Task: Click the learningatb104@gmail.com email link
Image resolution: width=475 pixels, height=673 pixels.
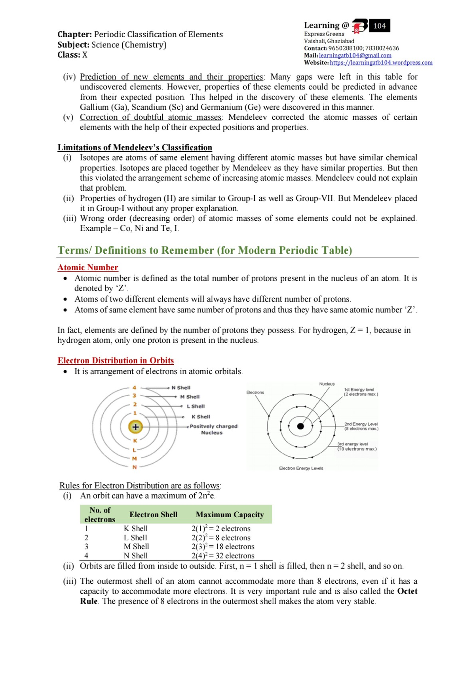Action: [x=355, y=55]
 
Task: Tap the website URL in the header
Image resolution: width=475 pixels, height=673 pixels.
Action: [x=381, y=63]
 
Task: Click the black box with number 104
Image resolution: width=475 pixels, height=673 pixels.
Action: [x=379, y=26]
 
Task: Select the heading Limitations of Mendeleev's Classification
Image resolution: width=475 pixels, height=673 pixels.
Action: [x=135, y=147]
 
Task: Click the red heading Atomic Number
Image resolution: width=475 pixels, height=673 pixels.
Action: [x=88, y=268]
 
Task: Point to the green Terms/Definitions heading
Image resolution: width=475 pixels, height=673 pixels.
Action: [x=205, y=250]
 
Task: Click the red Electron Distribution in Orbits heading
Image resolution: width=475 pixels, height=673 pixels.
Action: [x=116, y=361]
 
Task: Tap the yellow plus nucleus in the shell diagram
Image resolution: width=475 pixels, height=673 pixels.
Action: [x=135, y=427]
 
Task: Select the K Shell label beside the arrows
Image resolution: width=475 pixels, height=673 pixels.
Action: [x=201, y=417]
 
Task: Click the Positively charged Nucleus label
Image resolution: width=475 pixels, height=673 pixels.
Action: [x=213, y=429]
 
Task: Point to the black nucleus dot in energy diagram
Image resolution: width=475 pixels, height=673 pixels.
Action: [x=300, y=426]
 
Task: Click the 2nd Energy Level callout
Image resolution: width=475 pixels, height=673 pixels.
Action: [x=361, y=426]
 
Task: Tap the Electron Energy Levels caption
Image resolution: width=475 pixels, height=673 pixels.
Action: [x=301, y=468]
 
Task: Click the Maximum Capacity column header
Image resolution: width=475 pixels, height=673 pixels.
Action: [x=230, y=514]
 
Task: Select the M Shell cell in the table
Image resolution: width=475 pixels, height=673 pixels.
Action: [x=136, y=547]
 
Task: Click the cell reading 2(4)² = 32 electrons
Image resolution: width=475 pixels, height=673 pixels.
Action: [x=222, y=556]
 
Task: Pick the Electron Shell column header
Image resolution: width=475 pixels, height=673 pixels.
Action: [x=153, y=514]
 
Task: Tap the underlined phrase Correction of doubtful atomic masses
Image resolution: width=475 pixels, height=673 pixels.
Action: [x=150, y=117]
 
